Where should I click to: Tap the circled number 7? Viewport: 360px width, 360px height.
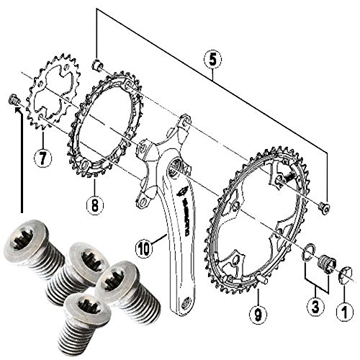pyautogui.click(x=42, y=156)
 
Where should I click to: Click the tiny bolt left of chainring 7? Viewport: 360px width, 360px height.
pyautogui.click(x=12, y=99)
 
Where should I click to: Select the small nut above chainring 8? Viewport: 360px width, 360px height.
pyautogui.click(x=96, y=66)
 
